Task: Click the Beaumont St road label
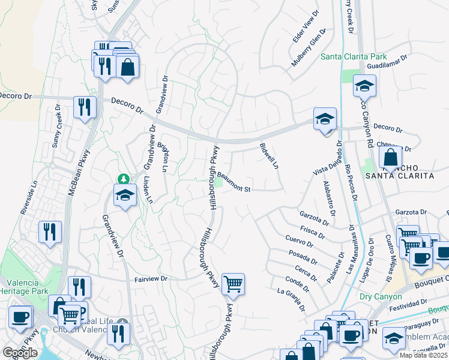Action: pos(234,183)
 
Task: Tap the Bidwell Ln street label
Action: pos(270,155)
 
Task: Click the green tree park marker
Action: pos(123,179)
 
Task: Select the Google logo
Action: pos(20,353)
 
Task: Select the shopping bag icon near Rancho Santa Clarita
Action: pos(390,158)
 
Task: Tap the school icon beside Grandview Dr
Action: pos(125,196)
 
